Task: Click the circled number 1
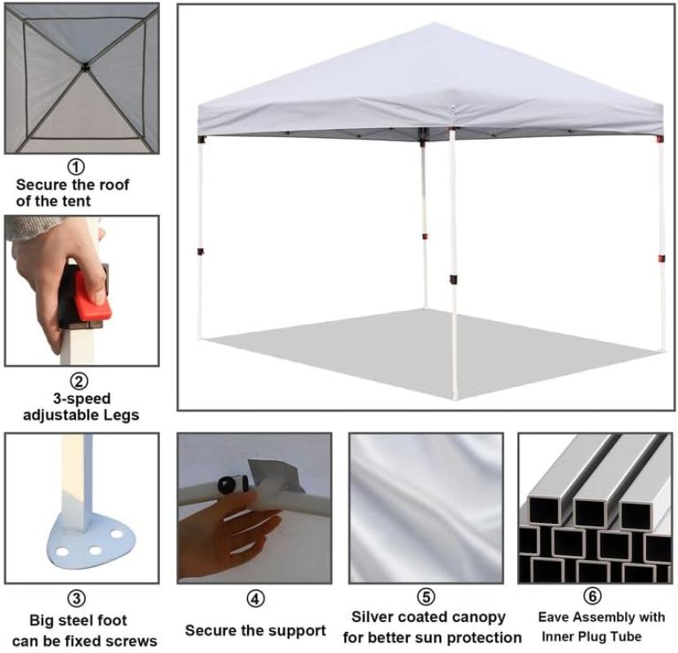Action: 76,167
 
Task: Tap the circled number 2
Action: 79,381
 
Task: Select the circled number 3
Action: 77,598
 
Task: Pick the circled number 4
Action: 255,599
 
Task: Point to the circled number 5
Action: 426,597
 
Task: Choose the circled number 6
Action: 592,596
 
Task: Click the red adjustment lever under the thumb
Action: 92,299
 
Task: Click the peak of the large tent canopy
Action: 435,24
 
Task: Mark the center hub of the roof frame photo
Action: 85,67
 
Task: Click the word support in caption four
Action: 295,632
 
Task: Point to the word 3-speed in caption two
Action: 82,398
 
